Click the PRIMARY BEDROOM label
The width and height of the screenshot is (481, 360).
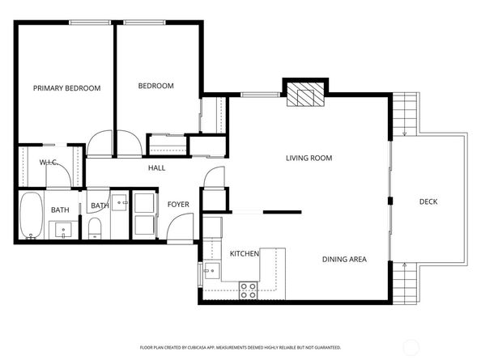point(67,88)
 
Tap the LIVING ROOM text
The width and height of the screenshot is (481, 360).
point(309,158)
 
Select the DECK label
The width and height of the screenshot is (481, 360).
point(428,201)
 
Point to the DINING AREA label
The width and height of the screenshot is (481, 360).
point(344,259)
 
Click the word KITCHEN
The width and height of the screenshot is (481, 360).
point(245,254)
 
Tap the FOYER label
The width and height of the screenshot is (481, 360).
point(178,205)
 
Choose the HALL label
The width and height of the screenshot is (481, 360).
point(157,168)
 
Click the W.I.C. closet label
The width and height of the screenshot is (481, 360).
point(49,162)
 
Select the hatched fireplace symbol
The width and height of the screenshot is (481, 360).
point(305,94)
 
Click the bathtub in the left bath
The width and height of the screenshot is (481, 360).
point(32,215)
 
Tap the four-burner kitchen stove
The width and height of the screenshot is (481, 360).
point(248,290)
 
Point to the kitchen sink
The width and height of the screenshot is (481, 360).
point(212,270)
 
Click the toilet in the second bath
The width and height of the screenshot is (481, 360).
point(95,228)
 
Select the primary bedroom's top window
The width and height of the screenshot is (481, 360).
point(90,23)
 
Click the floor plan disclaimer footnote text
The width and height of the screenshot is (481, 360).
point(240,347)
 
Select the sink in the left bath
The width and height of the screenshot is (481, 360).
point(63,230)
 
